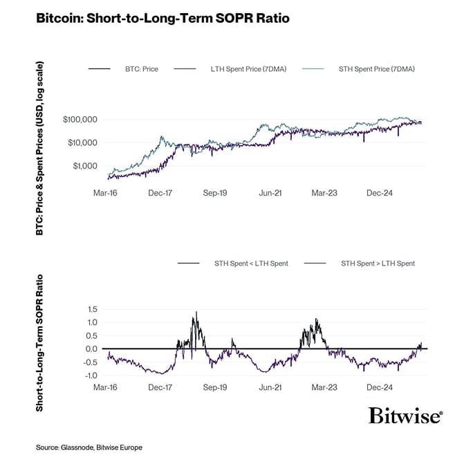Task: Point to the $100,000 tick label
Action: tap(80, 120)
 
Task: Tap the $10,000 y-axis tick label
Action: tap(82, 142)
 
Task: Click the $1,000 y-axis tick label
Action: tap(84, 166)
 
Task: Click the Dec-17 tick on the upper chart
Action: tap(160, 195)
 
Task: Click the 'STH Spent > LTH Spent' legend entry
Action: tap(378, 263)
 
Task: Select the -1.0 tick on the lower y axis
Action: tap(89, 375)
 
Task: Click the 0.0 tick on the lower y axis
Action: tap(91, 349)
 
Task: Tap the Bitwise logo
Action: tap(405, 416)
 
